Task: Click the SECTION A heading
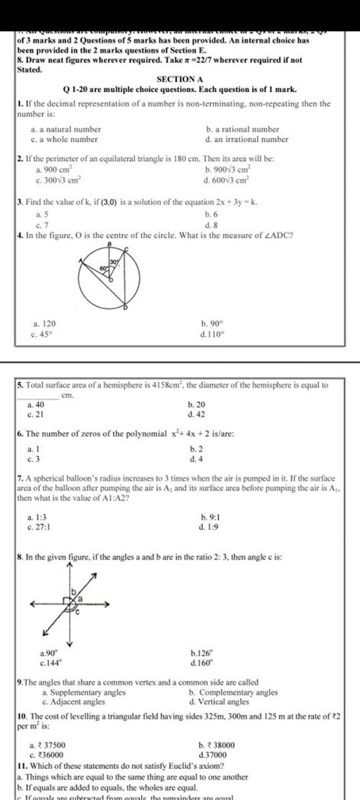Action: [179, 79]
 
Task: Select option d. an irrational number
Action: [247, 140]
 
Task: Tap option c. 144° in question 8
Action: [41, 662]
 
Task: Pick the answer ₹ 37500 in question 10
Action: [46, 746]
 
